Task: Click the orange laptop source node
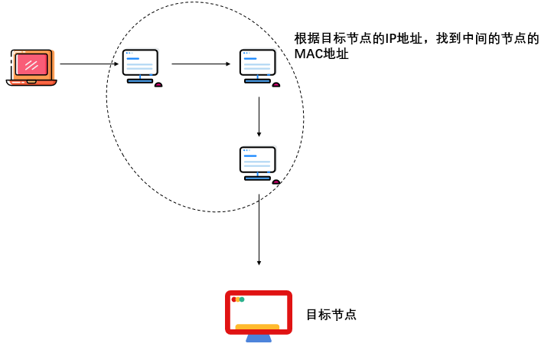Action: click(31, 67)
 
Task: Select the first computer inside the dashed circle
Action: click(140, 65)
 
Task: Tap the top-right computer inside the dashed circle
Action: click(257, 65)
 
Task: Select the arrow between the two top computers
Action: click(201, 64)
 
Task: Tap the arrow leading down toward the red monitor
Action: click(259, 230)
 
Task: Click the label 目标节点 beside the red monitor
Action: click(331, 315)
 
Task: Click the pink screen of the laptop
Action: click(31, 64)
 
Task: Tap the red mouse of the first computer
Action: click(158, 84)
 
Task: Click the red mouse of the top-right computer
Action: click(275, 84)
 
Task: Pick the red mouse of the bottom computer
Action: click(275, 182)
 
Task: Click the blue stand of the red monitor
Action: click(259, 337)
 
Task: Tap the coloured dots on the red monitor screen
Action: click(238, 299)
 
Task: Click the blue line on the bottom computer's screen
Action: click(249, 155)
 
